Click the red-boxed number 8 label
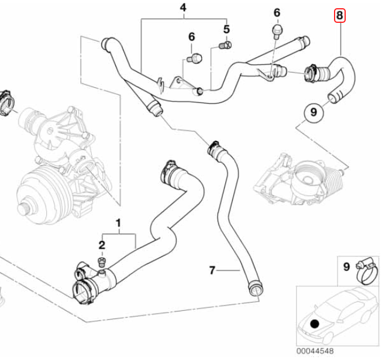[x=340, y=15]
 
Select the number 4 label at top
[x=183, y=8]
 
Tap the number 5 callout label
[x=226, y=29]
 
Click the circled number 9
[x=314, y=111]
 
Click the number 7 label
[x=213, y=270]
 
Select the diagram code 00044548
[x=316, y=351]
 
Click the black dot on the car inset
[x=315, y=323]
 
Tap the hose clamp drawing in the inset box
[x=364, y=271]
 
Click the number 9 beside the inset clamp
[x=346, y=267]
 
